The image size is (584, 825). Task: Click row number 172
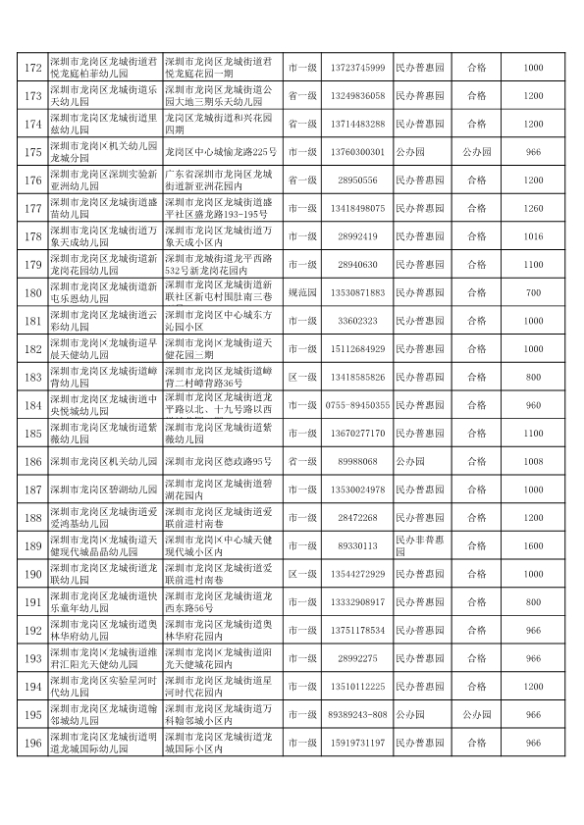tap(32, 68)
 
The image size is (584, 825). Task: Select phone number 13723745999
tap(357, 68)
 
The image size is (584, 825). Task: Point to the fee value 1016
tap(533, 236)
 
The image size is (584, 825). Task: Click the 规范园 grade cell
tap(301, 292)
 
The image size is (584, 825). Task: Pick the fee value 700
tap(533, 292)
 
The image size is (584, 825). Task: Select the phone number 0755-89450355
tap(357, 405)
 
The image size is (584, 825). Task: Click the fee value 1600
tap(533, 545)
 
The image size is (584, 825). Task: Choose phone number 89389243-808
tap(357, 715)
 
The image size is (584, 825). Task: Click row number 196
tap(32, 744)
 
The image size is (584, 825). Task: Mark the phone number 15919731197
tap(357, 744)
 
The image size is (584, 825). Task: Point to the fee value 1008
tap(533, 461)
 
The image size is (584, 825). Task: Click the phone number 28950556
tap(357, 180)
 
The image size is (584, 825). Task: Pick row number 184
tap(32, 405)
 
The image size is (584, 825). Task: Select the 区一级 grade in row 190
tap(301, 574)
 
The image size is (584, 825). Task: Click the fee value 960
tap(533, 405)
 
